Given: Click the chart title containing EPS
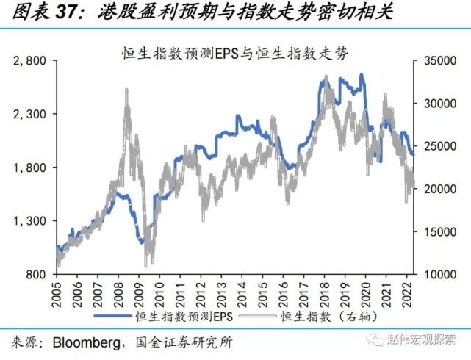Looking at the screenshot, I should tap(234, 54).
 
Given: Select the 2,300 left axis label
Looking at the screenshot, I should tap(30, 114).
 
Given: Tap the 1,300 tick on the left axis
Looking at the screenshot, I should tap(30, 221).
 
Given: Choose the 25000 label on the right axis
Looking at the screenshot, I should tap(439, 146).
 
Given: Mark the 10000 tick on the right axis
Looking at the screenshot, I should tap(439, 274).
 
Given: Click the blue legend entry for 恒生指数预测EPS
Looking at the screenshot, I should tap(166, 317).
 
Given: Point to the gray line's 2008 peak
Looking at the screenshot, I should tap(126, 89).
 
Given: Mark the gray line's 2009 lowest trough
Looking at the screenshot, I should tap(149, 266).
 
